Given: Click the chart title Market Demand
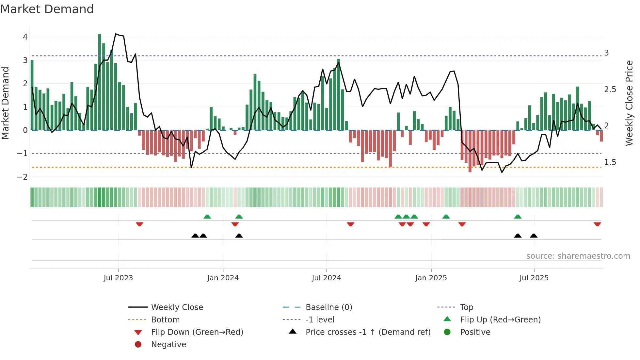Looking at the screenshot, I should point(47,9).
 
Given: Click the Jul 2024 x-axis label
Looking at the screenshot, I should point(326,278).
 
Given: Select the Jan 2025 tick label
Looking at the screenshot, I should point(431,278).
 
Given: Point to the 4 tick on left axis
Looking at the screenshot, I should point(25,37).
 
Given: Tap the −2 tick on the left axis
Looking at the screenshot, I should point(23,177).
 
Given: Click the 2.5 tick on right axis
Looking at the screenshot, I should point(610,90).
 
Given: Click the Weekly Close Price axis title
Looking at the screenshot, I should point(629,103).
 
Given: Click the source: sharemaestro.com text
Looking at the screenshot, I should point(578,256).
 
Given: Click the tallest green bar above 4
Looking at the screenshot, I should point(100,82).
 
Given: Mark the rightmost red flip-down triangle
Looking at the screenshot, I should point(597,224).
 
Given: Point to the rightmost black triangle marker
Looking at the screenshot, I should point(534,236).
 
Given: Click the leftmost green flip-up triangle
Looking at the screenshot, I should point(207,217).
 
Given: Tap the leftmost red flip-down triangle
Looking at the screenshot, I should point(139,224).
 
